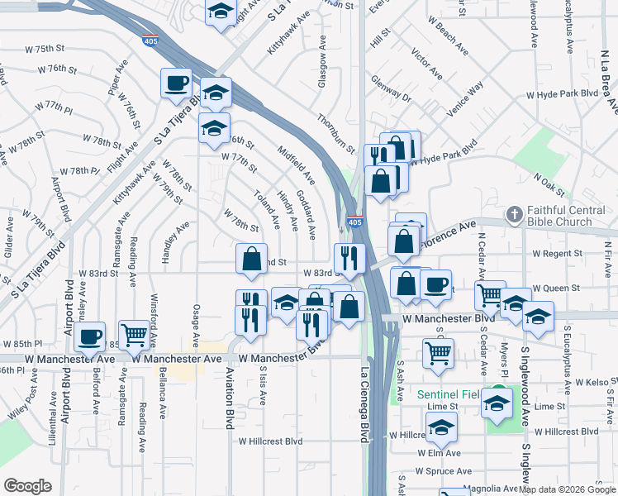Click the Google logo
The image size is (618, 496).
pos(28,486)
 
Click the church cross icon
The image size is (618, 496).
pos(514,216)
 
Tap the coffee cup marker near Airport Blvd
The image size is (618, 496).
pos(89,337)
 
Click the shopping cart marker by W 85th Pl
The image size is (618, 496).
pos(134,336)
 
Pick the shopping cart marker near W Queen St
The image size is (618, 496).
pos(490,294)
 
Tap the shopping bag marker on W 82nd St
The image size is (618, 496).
pos(251,258)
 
